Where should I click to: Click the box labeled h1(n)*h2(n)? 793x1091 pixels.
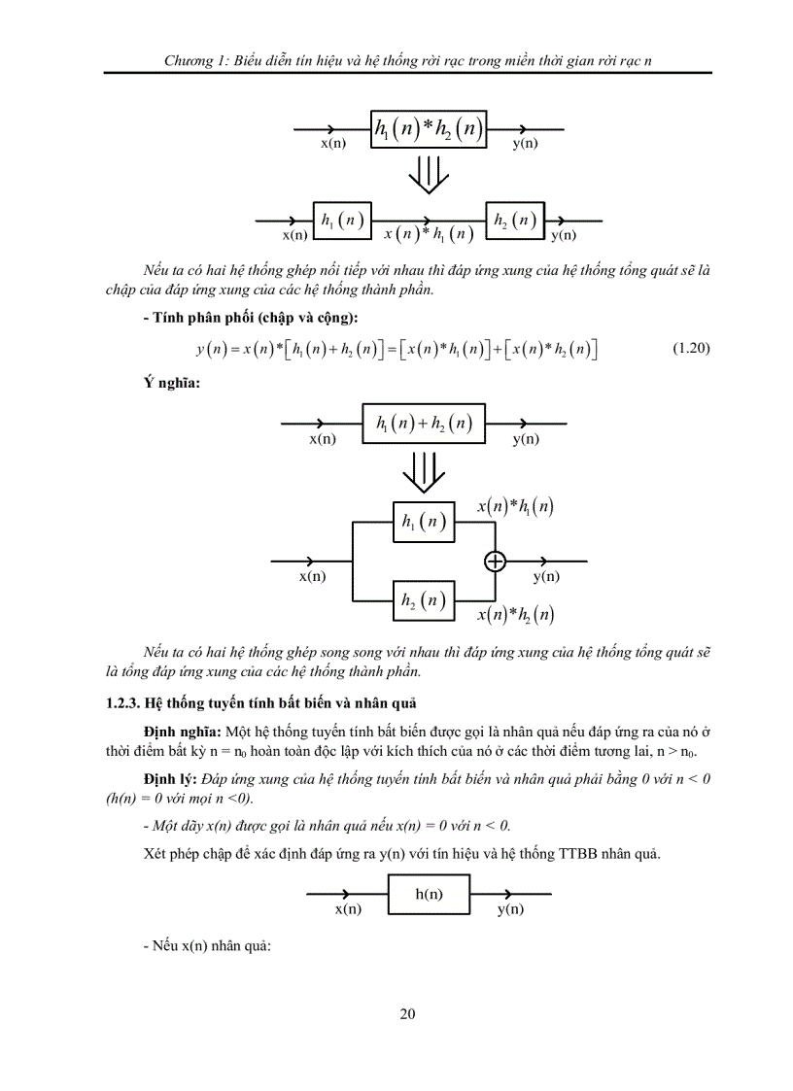pos(429,130)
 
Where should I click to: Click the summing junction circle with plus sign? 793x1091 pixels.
pos(496,561)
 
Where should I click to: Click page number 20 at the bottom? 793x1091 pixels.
pos(407,1014)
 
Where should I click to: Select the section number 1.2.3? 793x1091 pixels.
pos(122,702)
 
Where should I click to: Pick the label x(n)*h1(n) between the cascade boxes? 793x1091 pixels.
pos(429,234)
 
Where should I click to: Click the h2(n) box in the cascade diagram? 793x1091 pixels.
pos(515,221)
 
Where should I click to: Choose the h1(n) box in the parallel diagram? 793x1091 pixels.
pos(423,522)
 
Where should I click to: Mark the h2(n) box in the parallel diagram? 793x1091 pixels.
pos(423,600)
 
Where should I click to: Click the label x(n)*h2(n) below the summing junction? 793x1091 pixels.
pos(516,614)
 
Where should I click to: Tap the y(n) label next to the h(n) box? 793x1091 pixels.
pos(510,909)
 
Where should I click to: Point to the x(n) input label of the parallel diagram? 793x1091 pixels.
pos(311,576)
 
